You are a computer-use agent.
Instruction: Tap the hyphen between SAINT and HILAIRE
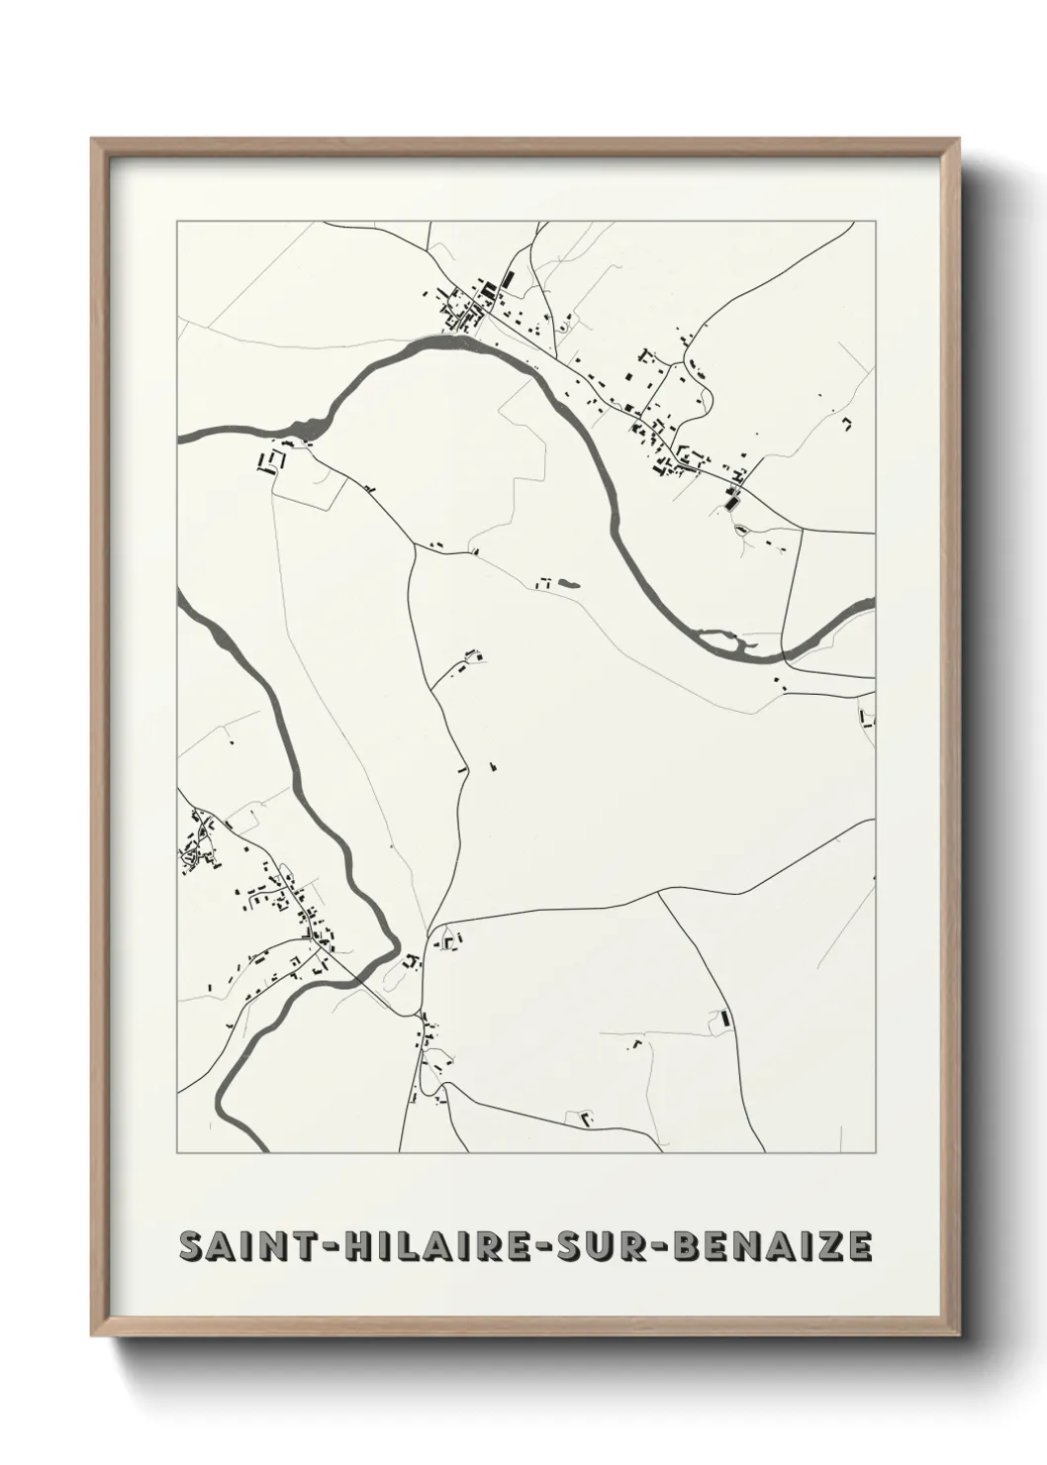[x=328, y=1247]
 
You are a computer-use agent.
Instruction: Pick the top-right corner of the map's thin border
[x=875, y=222]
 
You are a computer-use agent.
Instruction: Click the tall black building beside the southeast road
[x=724, y=1017]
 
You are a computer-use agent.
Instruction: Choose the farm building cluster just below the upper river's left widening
[x=269, y=461]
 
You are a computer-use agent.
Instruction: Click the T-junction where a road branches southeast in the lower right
[x=659, y=894]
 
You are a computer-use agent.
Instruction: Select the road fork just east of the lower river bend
[x=429, y=930]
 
